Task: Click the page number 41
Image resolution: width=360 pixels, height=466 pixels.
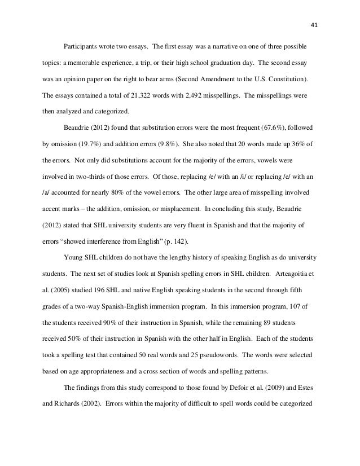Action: (314, 25)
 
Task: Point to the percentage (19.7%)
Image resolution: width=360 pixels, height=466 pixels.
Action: (86, 144)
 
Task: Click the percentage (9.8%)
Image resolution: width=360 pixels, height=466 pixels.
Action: (160, 144)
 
